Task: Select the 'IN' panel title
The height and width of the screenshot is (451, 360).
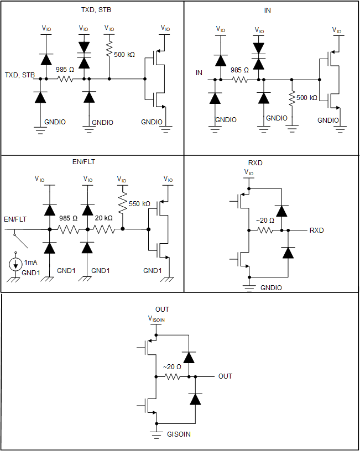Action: coord(268,10)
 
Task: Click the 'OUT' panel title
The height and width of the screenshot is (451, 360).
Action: coord(162,309)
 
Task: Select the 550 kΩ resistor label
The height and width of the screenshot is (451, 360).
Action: coord(139,204)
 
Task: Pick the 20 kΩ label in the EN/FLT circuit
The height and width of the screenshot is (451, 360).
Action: coord(103,218)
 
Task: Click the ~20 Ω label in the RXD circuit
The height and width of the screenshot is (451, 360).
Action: coord(264,221)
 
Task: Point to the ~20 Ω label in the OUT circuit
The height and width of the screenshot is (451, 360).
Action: coord(173,366)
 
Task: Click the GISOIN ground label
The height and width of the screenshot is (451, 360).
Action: coord(179,434)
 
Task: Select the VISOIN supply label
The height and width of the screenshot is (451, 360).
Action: coord(156,318)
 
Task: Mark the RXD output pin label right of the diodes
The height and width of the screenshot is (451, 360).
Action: coord(316,230)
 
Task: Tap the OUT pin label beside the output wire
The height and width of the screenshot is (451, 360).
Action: coord(225,376)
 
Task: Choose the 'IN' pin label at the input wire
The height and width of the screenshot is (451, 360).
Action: coord(199,72)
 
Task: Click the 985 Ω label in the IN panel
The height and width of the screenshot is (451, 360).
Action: coord(239,70)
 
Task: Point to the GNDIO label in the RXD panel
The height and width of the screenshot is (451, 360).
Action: coord(272,288)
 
